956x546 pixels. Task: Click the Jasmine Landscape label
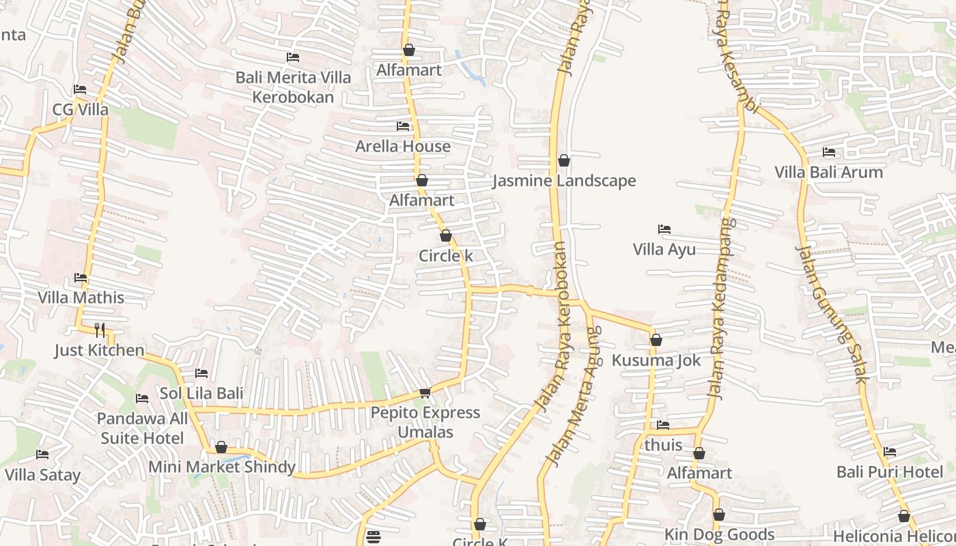point(564,181)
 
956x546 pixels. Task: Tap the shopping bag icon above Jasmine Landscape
point(564,161)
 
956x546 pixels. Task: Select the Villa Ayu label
point(664,249)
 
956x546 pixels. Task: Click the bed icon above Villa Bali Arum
point(829,152)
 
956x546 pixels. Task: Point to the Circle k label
point(445,256)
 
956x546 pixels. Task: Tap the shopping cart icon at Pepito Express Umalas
point(425,392)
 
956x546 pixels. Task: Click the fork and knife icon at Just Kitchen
point(100,330)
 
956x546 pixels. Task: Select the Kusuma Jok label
point(656,360)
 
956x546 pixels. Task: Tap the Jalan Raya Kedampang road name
point(722,307)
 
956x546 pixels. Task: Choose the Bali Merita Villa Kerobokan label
point(293,87)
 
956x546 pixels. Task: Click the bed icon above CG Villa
point(80,89)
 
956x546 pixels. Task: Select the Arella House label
point(403,146)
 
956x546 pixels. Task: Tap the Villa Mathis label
point(81,298)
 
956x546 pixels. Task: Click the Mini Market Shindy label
point(222,467)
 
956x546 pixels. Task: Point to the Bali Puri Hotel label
point(890,472)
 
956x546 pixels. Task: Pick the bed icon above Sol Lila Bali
point(201,373)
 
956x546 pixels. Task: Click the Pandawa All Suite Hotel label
point(142,429)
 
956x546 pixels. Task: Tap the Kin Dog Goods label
point(719,534)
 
